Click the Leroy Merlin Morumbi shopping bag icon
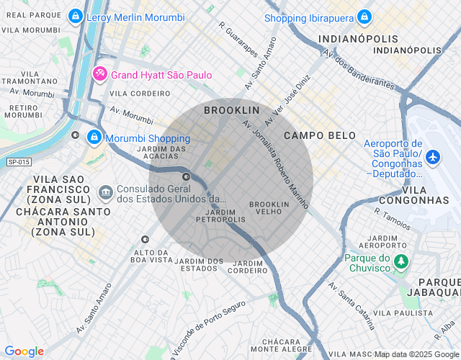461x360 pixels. pos(75,16)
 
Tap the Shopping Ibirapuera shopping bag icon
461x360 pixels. pos(364,17)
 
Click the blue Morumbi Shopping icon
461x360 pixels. pos(94,138)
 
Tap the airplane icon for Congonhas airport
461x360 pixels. pos(433,156)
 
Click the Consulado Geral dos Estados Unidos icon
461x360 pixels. pos(106,192)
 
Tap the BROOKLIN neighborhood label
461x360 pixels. pos(231,110)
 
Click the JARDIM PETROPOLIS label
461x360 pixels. pos(220,216)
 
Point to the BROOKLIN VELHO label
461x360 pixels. pos(269,208)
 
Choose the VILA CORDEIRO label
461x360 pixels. pos(140,94)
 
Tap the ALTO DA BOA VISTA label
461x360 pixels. pos(153,256)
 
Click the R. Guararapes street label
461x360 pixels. pos(238,39)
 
